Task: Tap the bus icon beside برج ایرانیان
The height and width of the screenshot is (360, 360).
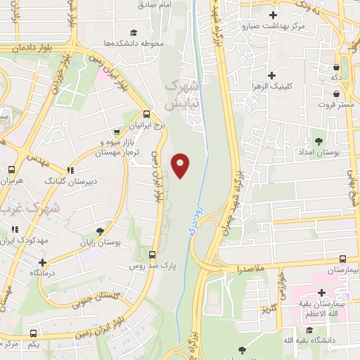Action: click(146, 114)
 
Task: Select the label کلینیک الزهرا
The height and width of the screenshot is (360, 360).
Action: click(271, 86)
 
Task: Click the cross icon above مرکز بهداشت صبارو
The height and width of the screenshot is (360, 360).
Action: click(273, 15)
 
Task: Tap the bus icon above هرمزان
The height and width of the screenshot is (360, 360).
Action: click(11, 170)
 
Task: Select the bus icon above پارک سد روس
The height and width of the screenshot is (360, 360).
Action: click(153, 254)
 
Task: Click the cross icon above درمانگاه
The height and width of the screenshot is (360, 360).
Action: click(33, 261)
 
